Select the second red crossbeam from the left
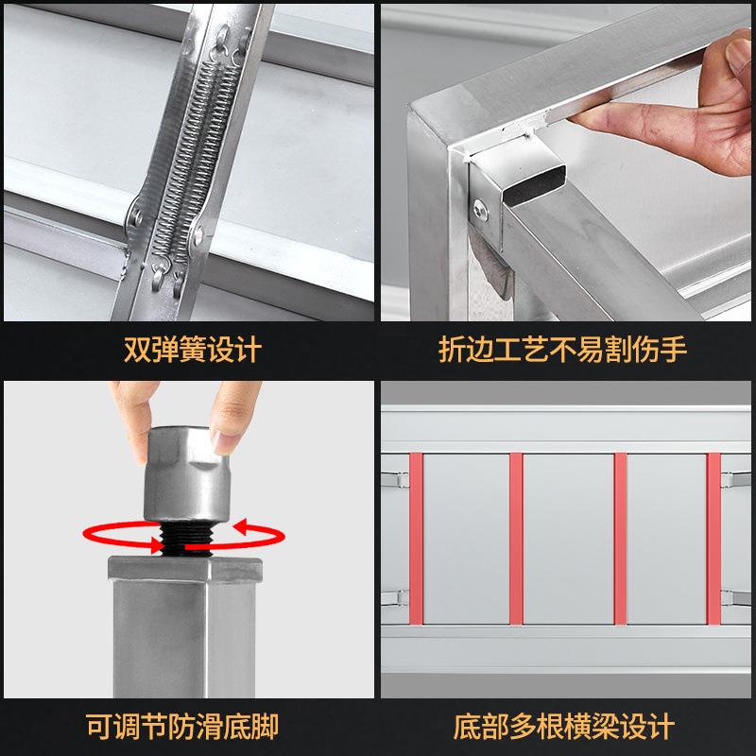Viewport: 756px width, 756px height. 516,539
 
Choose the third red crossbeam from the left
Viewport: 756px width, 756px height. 620,539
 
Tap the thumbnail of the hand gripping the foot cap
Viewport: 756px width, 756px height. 226,439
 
